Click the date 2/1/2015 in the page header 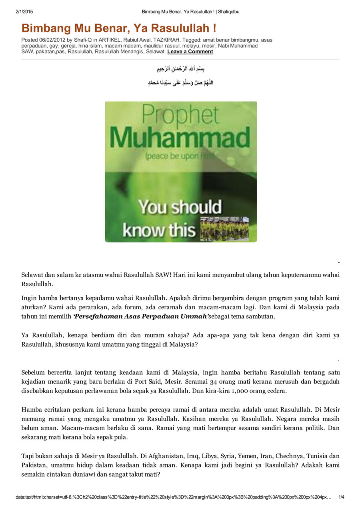(23, 12)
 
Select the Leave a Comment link (190, 52)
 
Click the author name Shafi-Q (83, 40)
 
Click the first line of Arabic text (181, 69)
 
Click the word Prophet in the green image (180, 116)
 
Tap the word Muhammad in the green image (180, 138)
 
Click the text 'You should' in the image (180, 208)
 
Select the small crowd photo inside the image (224, 229)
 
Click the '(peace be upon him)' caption (180, 156)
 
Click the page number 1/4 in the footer (341, 497)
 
